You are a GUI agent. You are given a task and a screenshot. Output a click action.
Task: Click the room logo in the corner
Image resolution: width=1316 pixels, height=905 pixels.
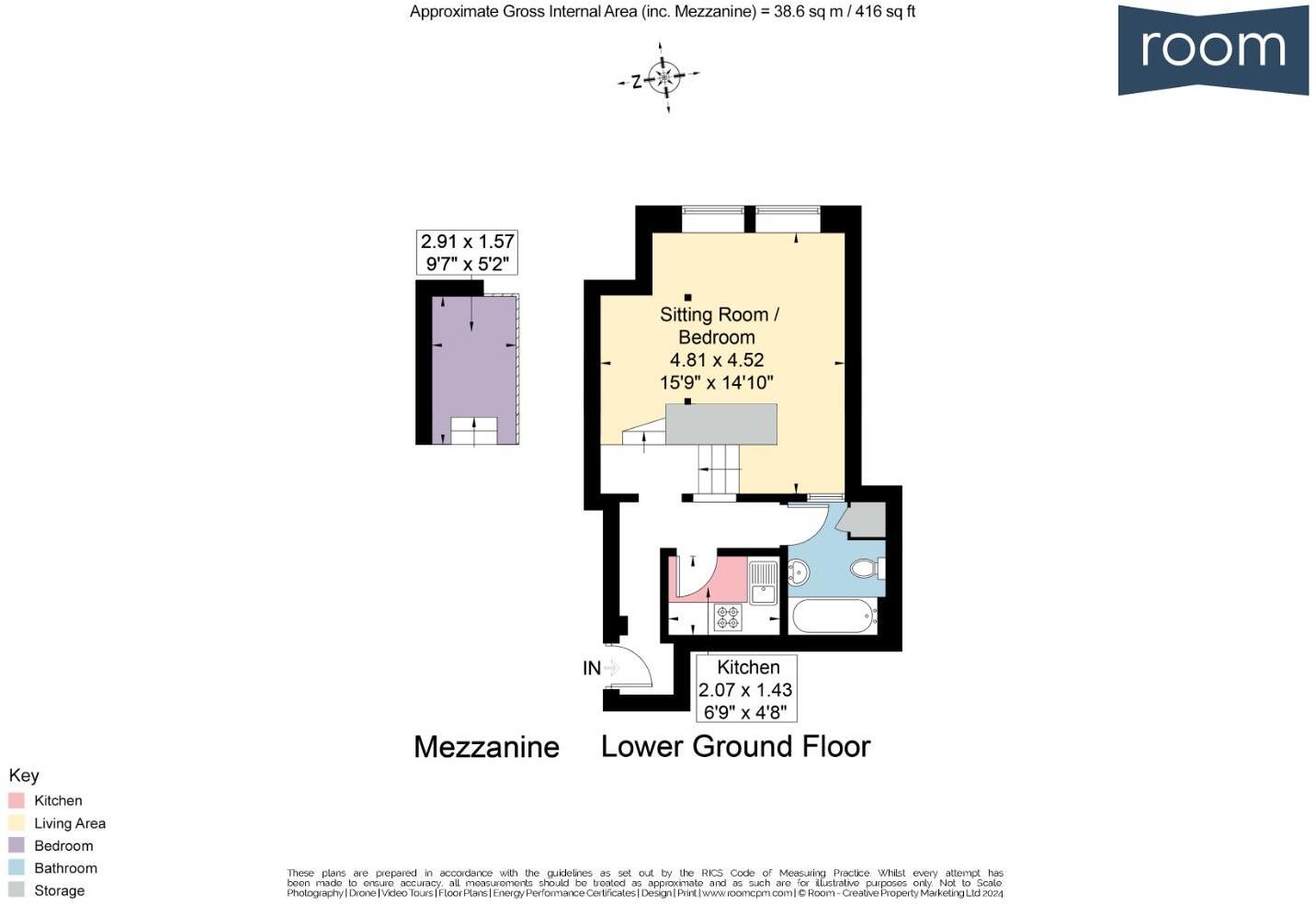(1212, 50)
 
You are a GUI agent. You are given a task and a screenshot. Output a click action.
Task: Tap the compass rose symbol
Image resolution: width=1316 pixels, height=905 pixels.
(664, 77)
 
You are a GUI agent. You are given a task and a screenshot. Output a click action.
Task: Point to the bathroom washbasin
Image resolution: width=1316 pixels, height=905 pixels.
(798, 573)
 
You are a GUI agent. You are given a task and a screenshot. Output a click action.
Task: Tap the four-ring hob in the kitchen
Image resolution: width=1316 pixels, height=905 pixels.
(728, 617)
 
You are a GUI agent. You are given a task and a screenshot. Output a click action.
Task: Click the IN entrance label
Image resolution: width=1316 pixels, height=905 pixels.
(592, 669)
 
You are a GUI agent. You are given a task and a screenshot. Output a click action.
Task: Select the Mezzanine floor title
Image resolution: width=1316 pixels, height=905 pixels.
(486, 747)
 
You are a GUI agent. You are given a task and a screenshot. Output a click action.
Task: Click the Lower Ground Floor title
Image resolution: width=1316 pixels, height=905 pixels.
(735, 746)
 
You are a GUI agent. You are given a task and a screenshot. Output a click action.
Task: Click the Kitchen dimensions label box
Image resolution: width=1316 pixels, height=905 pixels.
(745, 689)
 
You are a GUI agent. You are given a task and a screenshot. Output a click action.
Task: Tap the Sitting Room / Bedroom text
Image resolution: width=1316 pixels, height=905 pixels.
(718, 325)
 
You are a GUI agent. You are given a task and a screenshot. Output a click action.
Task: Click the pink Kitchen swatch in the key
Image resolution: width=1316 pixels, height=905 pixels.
(17, 800)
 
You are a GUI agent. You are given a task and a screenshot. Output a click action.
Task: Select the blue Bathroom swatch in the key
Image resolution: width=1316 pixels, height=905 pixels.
(17, 867)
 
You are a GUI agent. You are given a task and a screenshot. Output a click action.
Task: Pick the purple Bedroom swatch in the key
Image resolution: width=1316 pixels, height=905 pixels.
(17, 845)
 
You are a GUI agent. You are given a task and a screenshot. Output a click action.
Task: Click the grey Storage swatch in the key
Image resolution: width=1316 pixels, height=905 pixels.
(17, 889)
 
